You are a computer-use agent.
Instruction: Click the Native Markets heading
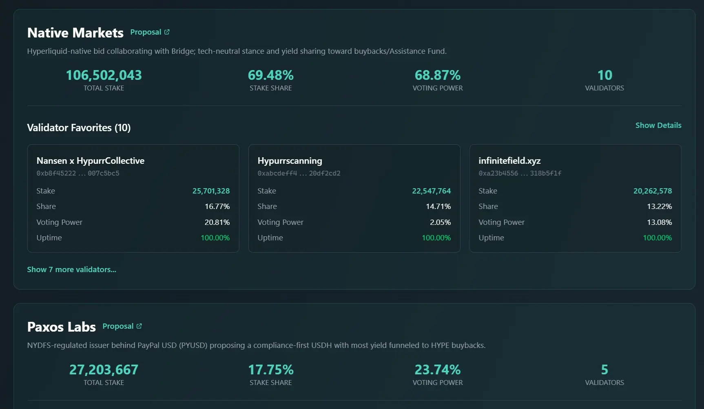pos(75,33)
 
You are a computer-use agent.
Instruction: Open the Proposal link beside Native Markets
pos(149,32)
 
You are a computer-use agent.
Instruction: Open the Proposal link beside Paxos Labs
pos(122,326)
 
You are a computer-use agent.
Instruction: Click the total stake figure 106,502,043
pos(104,75)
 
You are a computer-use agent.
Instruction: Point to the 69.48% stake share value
pos(270,75)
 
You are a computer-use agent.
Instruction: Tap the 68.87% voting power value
pos(437,75)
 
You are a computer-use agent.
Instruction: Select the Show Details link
pos(658,125)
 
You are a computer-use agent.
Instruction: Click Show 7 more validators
pos(71,270)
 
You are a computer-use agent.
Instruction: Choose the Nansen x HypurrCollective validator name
pos(90,161)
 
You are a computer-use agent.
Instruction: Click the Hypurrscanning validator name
pos(290,161)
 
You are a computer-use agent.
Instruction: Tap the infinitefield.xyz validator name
pos(509,161)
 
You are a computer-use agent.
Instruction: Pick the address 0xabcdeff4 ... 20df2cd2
pos(299,174)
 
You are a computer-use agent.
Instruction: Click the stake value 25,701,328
pos(211,191)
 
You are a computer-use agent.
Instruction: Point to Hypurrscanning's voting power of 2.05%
pos(440,222)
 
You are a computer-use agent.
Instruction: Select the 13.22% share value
pos(659,207)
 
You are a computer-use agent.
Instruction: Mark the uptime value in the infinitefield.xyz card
pos(657,238)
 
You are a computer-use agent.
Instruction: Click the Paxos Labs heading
pos(61,327)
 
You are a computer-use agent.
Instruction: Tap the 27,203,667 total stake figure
pos(104,370)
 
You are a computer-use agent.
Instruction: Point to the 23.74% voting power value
pos(437,370)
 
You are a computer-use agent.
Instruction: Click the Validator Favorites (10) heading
pos(79,128)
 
